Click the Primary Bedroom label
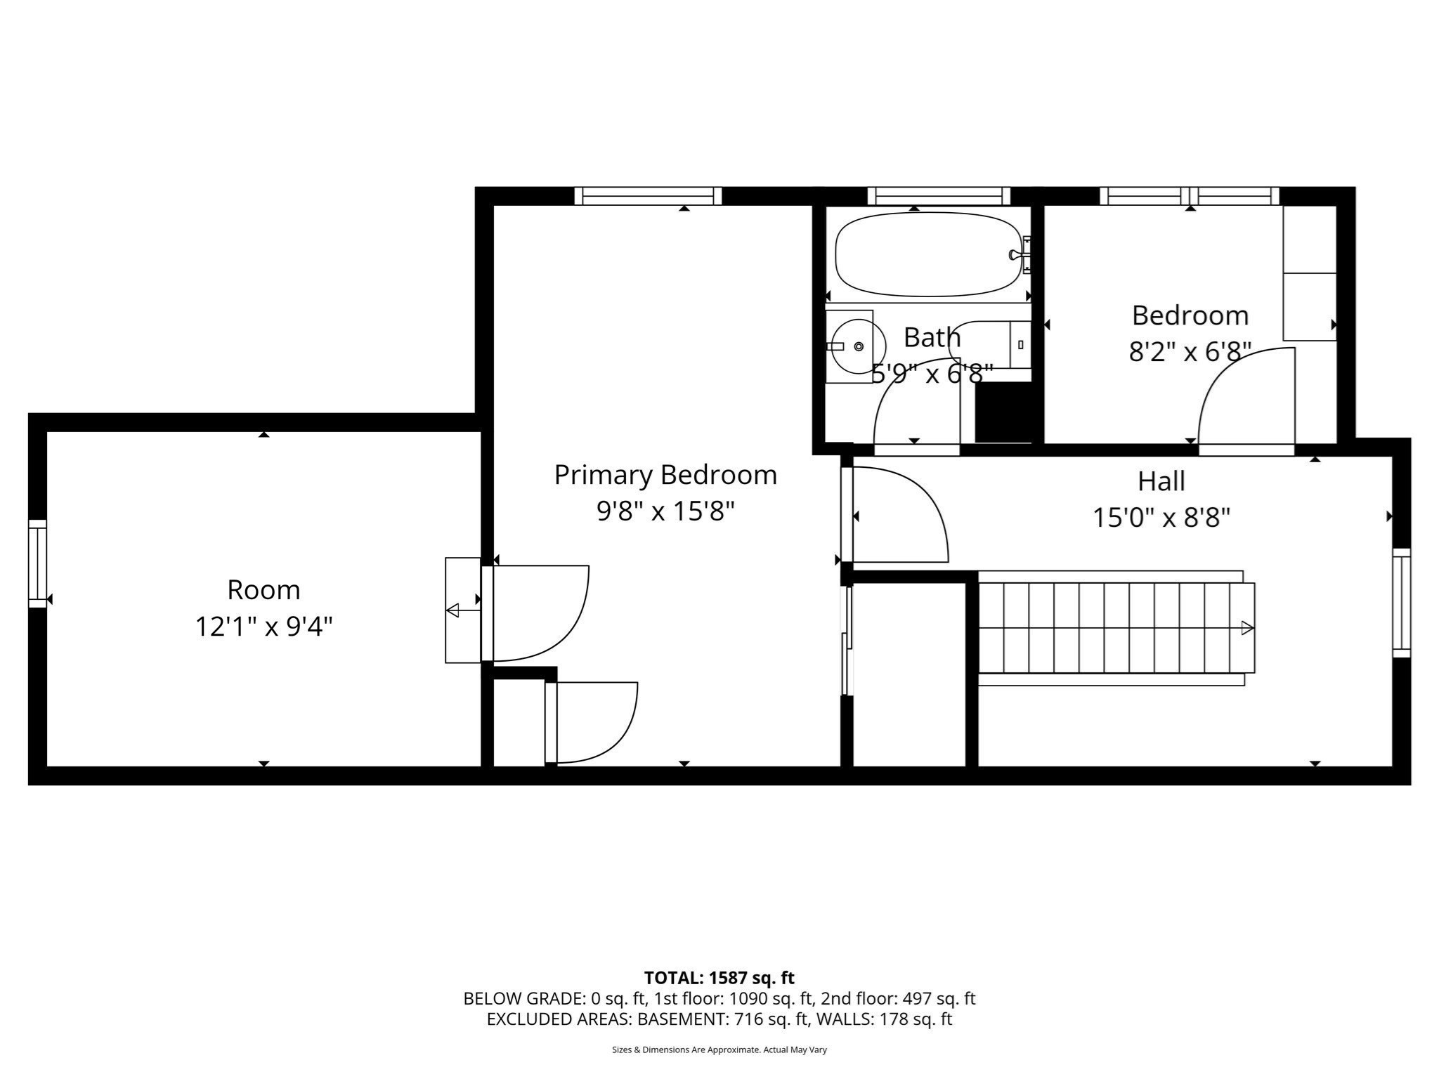pyautogui.click(x=665, y=475)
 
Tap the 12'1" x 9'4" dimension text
pyautogui.click(x=263, y=627)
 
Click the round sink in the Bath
pyautogui.click(x=854, y=346)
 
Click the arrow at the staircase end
pyautogui.click(x=1247, y=628)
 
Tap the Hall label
pyautogui.click(x=1161, y=481)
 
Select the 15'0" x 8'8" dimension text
pyautogui.click(x=1161, y=518)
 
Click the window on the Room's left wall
pyautogui.click(x=37, y=563)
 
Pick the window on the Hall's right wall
pyautogui.click(x=1401, y=603)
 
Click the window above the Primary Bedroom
pyautogui.click(x=648, y=196)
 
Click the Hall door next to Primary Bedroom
pyautogui.click(x=896, y=515)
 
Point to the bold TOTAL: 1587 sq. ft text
pyautogui.click(x=719, y=978)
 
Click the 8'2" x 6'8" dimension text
pyautogui.click(x=1190, y=352)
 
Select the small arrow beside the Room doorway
pyautogui.click(x=453, y=610)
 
